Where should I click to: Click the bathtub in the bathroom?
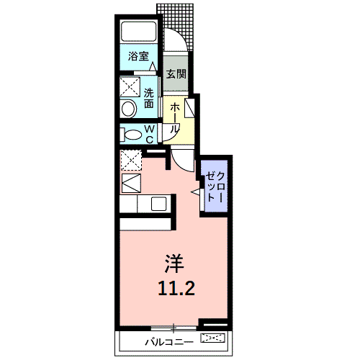pos(139,32)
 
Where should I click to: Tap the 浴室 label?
pos(138,56)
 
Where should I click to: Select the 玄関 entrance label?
pos(176,73)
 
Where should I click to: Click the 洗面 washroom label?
pos(148,98)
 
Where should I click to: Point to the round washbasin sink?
pos(130,109)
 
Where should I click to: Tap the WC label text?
pos(150,133)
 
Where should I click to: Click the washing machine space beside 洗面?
pos(131,88)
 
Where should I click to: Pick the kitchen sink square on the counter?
pos(158,204)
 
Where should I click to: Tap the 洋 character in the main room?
pos(175,261)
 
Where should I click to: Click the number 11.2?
pos(175,288)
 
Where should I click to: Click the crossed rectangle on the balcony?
pos(215,338)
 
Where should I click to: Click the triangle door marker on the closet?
pos(197,192)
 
